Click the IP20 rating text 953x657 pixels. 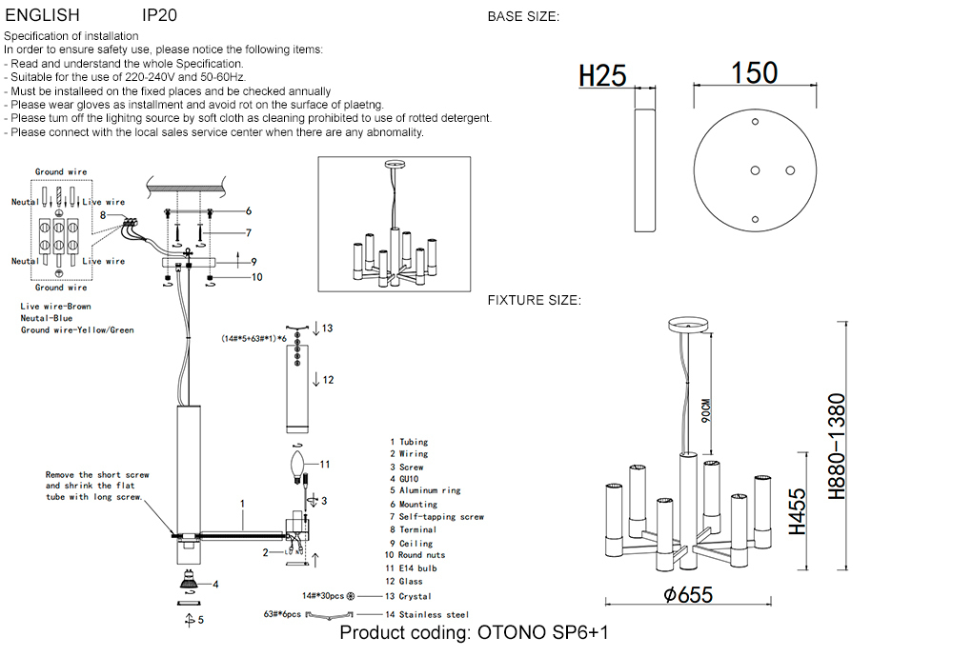(x=159, y=16)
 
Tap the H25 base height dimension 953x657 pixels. (x=602, y=75)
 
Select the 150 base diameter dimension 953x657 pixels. (x=755, y=73)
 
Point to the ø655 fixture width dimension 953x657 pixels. (x=689, y=594)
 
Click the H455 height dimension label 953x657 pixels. (x=798, y=511)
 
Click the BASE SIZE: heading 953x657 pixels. (x=523, y=16)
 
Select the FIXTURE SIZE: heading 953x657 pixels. (x=534, y=300)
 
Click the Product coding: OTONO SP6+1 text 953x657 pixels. (x=474, y=633)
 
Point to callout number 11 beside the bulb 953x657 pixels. (x=325, y=465)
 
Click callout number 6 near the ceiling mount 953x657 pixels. (x=248, y=211)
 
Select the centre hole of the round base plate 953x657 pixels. (x=754, y=169)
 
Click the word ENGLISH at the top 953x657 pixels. (x=43, y=16)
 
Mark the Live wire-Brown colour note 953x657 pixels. (x=56, y=307)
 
